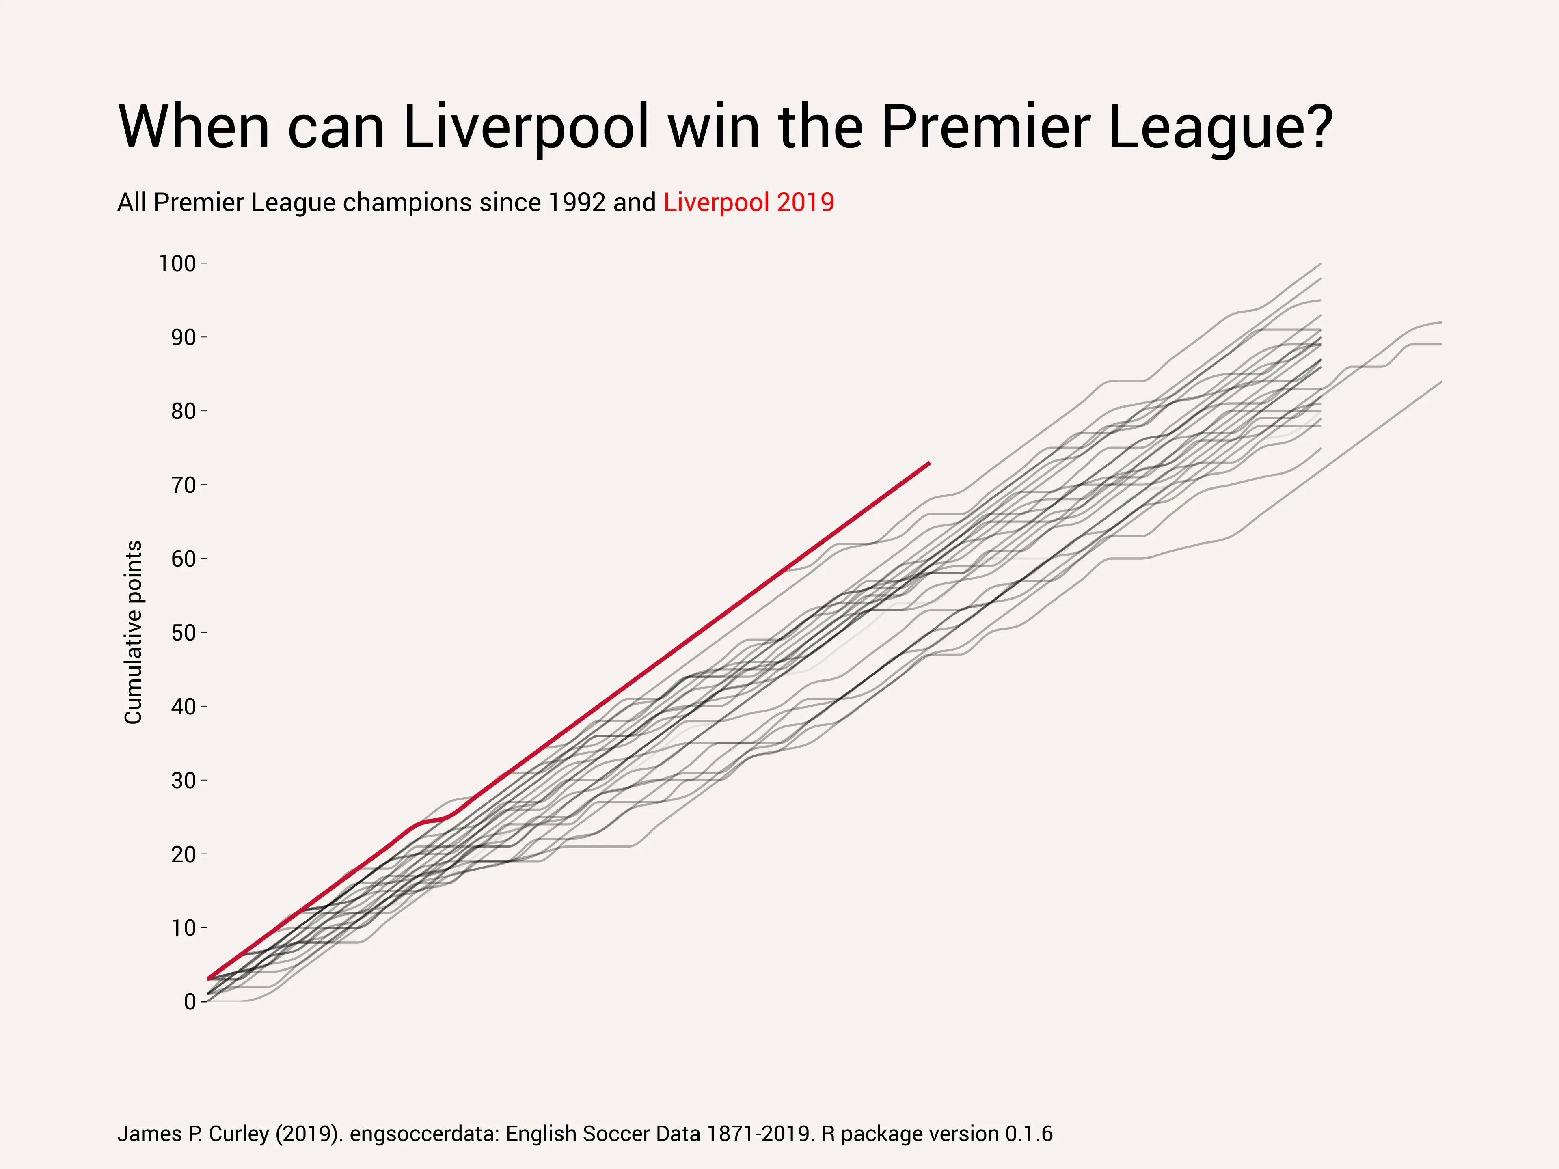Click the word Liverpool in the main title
525,127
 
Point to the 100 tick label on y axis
177,263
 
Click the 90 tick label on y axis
183,338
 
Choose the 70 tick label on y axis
183,485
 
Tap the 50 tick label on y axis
183,633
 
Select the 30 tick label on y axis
183,780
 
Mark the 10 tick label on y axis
183,928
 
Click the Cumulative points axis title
133,632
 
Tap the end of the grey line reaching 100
1320,264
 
